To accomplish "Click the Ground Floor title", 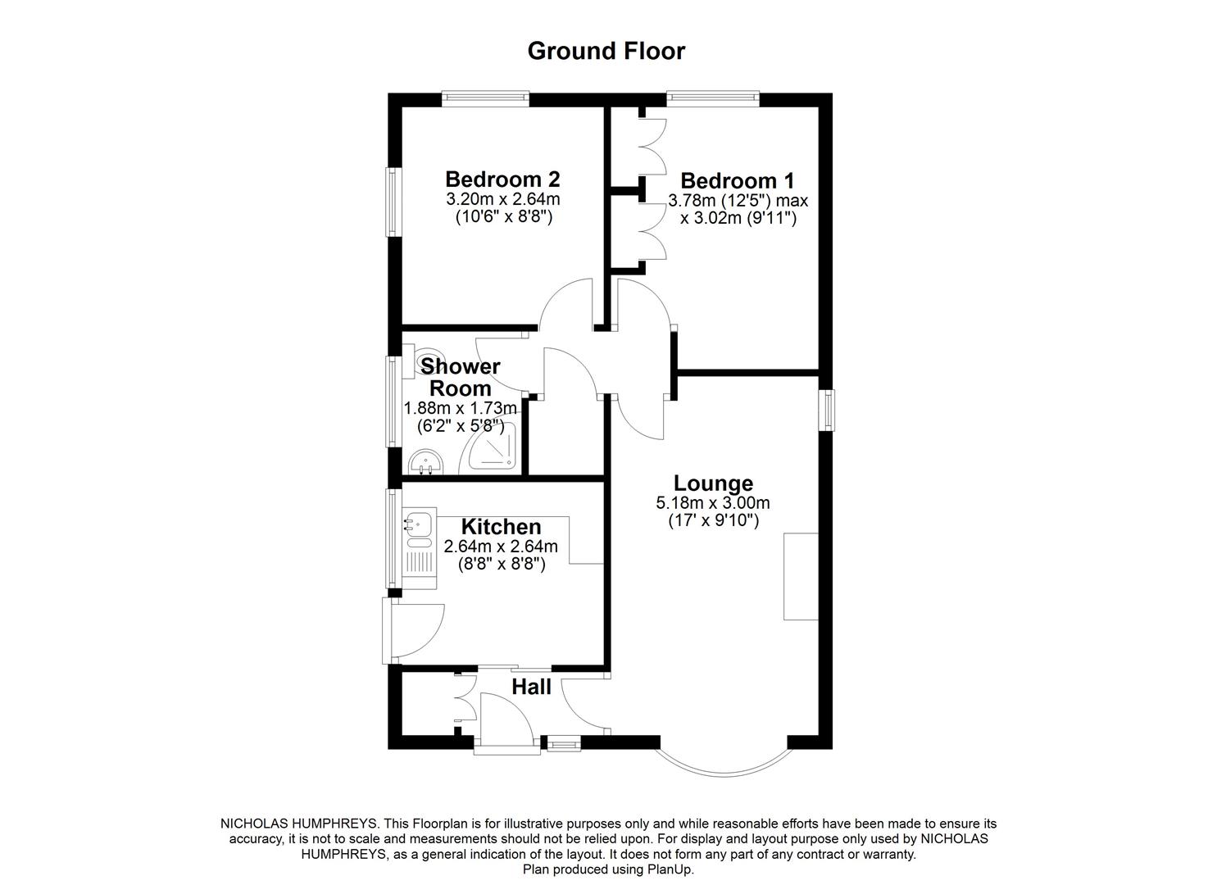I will (x=606, y=51).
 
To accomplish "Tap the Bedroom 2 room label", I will (x=502, y=179).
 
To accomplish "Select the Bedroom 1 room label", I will (x=737, y=180).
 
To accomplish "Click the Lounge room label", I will (x=713, y=483).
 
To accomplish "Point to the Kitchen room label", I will (x=501, y=527).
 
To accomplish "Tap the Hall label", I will (x=531, y=687).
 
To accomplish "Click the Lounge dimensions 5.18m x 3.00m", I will (x=712, y=503).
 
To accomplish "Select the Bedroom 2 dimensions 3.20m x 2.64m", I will (x=502, y=199).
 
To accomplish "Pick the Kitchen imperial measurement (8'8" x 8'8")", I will (x=501, y=565).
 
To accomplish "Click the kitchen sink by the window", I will (x=419, y=522).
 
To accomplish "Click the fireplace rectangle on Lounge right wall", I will (x=801, y=576).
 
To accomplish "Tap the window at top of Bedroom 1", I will (x=712, y=98).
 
